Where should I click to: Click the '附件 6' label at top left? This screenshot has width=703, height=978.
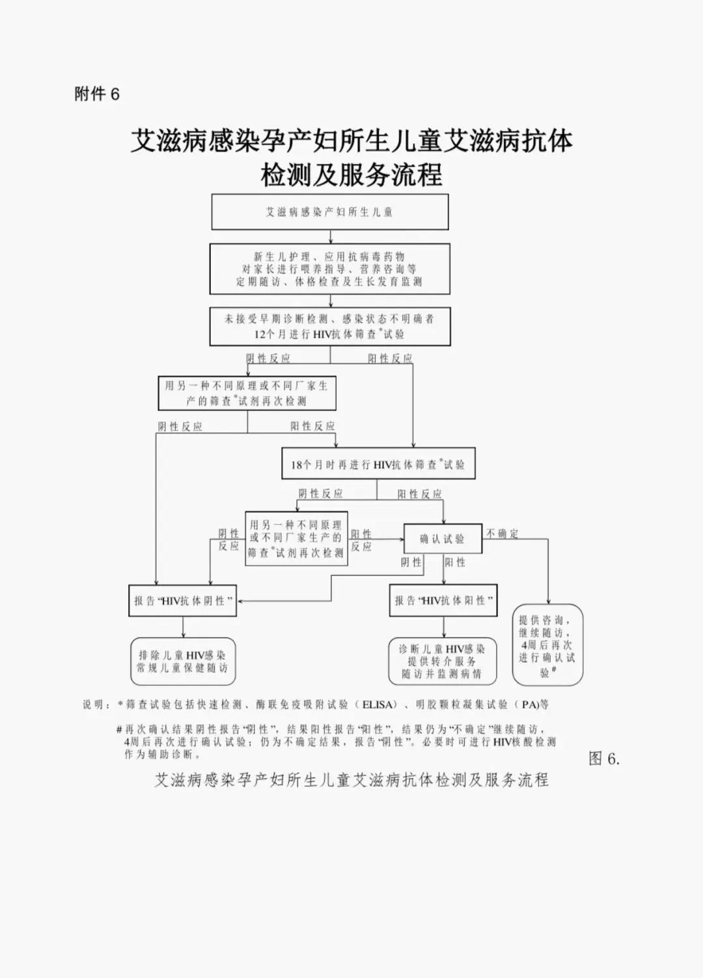[97, 94]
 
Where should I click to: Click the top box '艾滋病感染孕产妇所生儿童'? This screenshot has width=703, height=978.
[330, 212]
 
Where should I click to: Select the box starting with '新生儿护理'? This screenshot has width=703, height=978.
[329, 269]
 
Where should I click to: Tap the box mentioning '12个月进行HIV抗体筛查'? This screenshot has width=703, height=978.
[329, 326]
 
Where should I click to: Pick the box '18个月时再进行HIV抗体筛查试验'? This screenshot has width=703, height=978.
[378, 464]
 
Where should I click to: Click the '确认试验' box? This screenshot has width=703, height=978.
[443, 538]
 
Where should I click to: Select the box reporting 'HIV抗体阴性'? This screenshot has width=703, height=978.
[182, 600]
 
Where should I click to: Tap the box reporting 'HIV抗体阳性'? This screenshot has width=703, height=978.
[443, 600]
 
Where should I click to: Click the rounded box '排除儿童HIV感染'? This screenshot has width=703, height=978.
[182, 662]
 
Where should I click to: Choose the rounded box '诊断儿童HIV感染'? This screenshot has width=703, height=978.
[442, 661]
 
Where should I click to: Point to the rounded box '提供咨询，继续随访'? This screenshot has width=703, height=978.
[547, 645]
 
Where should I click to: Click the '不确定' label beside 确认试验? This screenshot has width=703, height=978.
[503, 534]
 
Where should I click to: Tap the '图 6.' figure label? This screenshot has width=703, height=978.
[604, 759]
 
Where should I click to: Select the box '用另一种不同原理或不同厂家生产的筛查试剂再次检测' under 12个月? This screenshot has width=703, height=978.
[247, 393]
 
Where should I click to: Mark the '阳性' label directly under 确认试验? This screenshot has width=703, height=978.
[456, 562]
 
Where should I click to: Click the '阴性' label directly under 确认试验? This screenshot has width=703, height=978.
[411, 562]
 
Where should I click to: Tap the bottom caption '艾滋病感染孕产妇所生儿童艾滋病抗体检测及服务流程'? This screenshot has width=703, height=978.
[351, 780]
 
